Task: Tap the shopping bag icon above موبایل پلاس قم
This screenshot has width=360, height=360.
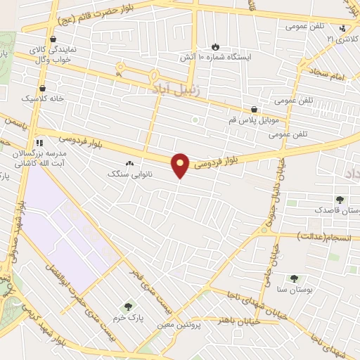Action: coord(254,110)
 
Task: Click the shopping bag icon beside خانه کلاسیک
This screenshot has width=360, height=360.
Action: coord(43,89)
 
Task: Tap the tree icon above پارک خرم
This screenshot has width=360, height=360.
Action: coord(128,307)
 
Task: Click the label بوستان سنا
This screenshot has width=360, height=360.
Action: coord(294,289)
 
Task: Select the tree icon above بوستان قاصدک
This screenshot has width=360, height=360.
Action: coord(340,200)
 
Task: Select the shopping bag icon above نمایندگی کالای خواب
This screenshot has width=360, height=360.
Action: coord(53,39)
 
